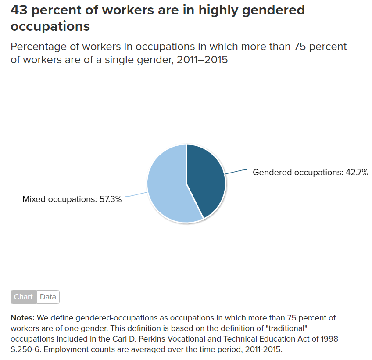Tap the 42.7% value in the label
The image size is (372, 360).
point(356,173)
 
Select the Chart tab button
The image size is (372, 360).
point(23,297)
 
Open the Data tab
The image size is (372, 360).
point(48,297)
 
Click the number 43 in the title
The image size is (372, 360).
point(20,10)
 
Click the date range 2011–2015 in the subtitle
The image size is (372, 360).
point(202,60)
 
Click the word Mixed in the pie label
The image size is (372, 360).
point(34,199)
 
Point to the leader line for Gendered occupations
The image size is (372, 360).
point(235,172)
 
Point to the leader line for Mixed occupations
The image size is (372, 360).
point(136,194)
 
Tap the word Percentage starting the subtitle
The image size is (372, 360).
point(39,47)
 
